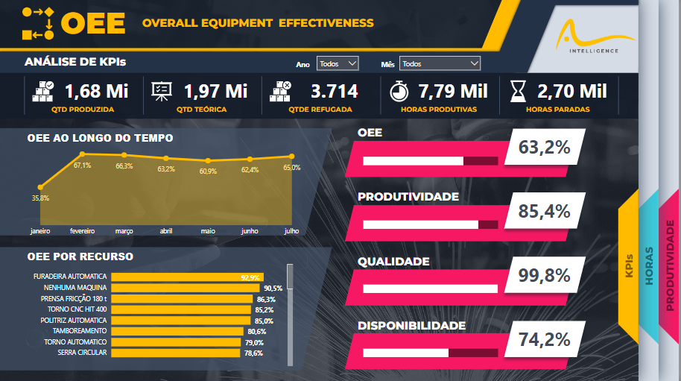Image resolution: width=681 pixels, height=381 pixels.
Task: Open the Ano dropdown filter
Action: (x=338, y=64)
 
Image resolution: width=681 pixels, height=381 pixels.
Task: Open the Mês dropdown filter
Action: (x=440, y=64)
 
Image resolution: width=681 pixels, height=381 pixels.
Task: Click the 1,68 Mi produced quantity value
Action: (x=96, y=92)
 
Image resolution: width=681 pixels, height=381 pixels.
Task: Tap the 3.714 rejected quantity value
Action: (x=334, y=92)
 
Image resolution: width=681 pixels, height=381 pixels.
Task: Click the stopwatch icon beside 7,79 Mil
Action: (x=400, y=92)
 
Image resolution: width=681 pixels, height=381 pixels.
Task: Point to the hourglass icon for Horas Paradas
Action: (x=517, y=92)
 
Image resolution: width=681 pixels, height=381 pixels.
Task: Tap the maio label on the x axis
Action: (x=208, y=231)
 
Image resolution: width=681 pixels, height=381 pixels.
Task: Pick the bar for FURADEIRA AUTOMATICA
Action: (x=187, y=277)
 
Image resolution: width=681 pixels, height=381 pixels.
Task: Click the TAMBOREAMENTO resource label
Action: (x=80, y=331)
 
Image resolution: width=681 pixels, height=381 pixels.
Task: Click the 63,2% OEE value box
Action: (x=544, y=148)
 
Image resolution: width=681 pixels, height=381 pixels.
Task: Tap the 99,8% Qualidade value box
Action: (x=544, y=277)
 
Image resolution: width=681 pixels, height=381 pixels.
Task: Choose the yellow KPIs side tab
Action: (x=630, y=265)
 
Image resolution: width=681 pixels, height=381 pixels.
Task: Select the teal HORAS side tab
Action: (x=649, y=265)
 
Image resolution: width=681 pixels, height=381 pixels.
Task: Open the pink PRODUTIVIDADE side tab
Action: (x=670, y=265)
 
